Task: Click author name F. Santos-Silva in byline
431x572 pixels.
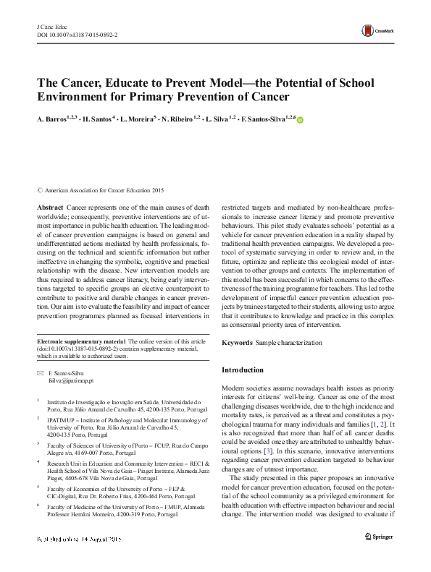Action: click(264, 119)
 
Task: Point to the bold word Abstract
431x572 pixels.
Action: click(49, 207)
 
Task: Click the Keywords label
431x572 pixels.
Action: click(236, 342)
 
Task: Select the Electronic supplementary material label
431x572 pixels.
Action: click(80, 341)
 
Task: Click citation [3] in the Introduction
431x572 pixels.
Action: click(268, 430)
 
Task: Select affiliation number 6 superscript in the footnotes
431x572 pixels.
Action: click(38, 505)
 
